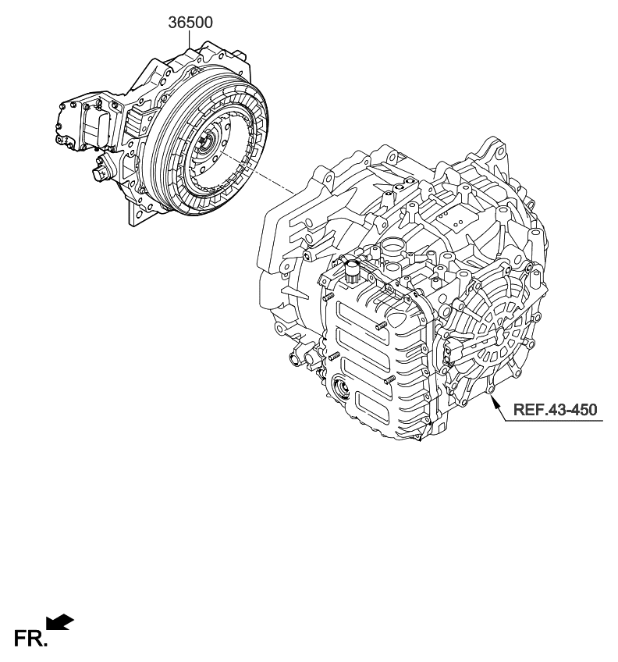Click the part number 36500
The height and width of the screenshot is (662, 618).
coord(190,23)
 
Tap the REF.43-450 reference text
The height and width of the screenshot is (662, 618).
coord(556,409)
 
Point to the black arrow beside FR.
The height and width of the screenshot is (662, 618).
coord(59,622)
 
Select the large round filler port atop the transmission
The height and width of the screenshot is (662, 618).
coord(392,248)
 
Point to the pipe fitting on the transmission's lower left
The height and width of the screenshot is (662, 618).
coord(297,358)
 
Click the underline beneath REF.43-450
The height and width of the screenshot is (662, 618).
coord(554,422)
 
